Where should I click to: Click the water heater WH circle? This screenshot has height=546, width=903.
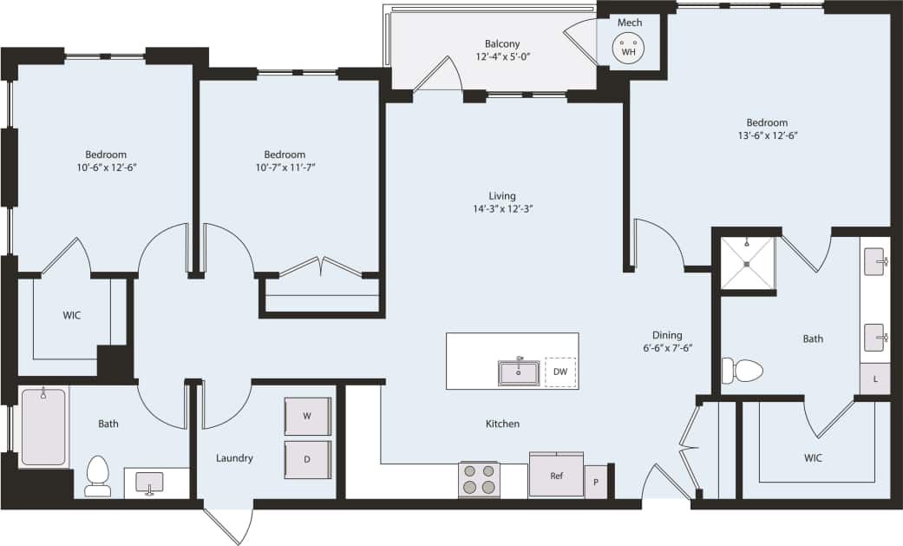click(629, 50)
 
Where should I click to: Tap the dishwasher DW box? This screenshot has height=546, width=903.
click(559, 372)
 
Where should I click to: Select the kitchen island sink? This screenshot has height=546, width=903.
click(519, 372)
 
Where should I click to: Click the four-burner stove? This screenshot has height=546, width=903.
click(479, 479)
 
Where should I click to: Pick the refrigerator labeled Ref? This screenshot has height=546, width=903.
click(556, 475)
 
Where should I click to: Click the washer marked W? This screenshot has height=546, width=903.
click(307, 417)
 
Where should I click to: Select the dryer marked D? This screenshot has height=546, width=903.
click(307, 458)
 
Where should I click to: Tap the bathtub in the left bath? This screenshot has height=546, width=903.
click(43, 428)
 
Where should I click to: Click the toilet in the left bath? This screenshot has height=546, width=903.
click(98, 476)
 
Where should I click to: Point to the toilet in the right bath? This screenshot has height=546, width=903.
click(743, 372)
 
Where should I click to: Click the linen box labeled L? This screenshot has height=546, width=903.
click(874, 379)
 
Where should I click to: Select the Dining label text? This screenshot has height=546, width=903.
click(667, 335)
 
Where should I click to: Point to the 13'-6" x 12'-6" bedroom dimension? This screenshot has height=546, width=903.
click(767, 135)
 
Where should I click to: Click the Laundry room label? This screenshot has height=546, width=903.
click(234, 457)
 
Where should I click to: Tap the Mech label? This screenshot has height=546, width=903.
click(629, 23)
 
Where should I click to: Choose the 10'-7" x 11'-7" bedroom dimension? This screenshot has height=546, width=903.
click(285, 168)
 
